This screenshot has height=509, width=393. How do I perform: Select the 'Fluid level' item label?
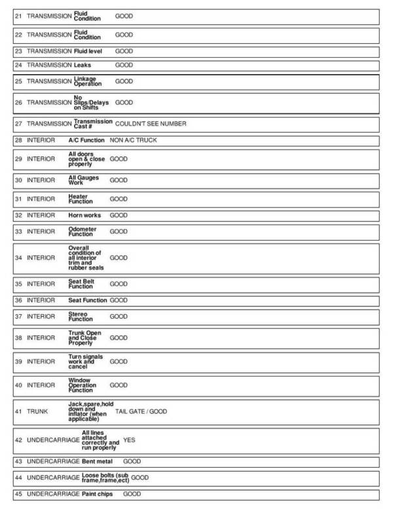[90, 51]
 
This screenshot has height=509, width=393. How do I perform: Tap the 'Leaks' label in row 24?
[83, 66]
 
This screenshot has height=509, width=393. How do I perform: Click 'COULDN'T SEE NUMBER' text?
[150, 123]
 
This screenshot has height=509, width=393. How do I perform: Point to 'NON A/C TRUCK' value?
[133, 140]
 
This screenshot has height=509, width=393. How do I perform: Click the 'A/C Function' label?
[86, 140]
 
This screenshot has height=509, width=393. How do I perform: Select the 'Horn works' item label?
[84, 215]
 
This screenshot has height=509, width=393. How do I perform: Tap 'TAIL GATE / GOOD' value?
[141, 411]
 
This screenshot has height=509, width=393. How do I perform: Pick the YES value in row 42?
[129, 440]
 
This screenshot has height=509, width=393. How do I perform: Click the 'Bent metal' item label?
[98, 462]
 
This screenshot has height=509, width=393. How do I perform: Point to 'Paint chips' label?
[98, 493]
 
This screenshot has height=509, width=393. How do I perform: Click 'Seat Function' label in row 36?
[88, 300]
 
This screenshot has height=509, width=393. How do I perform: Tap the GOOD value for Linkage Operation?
[124, 81]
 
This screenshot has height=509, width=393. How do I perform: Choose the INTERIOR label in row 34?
[41, 258]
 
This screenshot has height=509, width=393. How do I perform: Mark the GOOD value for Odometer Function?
[119, 232]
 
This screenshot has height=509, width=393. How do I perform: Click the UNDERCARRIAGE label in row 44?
[52, 478]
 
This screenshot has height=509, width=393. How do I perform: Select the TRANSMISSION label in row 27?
[49, 123]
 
